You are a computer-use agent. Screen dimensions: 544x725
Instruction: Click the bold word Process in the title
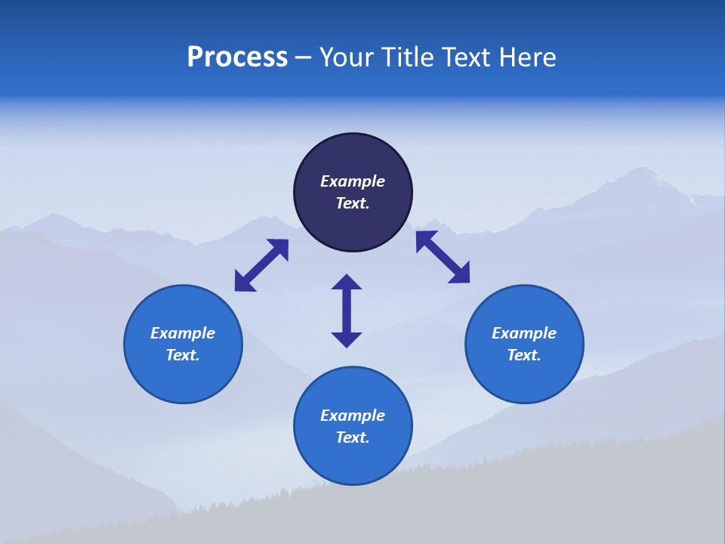click(x=237, y=57)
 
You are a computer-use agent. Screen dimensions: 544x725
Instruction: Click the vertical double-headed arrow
click(x=347, y=311)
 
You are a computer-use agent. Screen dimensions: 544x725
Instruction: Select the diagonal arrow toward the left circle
click(x=261, y=265)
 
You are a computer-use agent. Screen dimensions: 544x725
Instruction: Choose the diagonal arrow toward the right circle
click(x=443, y=257)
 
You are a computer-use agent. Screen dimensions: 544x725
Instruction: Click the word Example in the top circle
click(x=353, y=181)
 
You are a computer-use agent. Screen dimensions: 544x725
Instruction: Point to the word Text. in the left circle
click(x=183, y=355)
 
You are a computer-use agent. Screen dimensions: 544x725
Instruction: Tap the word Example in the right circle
click(x=524, y=333)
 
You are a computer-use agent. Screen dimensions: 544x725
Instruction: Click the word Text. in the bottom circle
click(x=353, y=437)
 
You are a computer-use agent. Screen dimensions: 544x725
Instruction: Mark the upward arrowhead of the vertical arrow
click(x=347, y=281)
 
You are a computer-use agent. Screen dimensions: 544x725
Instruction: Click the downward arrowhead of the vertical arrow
click(x=347, y=339)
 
